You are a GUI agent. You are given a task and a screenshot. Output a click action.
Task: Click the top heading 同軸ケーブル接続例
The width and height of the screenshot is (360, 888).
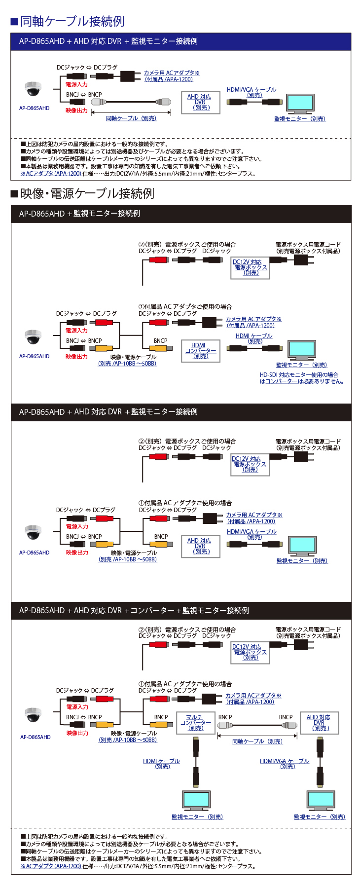[x=72, y=21]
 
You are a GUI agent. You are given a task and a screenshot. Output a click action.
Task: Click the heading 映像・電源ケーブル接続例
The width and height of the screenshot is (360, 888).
[x=87, y=193]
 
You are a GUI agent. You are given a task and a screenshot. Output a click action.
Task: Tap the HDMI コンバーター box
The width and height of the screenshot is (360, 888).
[x=200, y=351]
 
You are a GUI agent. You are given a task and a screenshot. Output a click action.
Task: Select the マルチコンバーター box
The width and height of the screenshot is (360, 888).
[x=195, y=722]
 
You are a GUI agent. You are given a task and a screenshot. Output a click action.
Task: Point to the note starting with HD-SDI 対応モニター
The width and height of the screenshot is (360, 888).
[x=301, y=378]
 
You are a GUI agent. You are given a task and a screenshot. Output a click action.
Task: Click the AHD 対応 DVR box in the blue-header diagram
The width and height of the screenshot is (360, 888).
[x=200, y=102]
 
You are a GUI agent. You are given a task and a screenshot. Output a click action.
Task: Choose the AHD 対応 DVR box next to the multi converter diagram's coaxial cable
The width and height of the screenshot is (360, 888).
[x=319, y=722]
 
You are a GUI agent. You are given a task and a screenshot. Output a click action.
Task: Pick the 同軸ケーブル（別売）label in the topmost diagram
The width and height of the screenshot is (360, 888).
[x=131, y=118]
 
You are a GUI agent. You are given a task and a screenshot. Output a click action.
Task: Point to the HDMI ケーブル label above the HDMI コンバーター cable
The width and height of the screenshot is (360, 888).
[x=254, y=338]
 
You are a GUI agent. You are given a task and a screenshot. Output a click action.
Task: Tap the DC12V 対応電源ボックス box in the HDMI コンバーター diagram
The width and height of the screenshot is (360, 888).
[x=251, y=267]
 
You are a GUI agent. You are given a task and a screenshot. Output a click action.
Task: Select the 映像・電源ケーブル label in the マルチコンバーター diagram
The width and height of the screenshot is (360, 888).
[x=134, y=733]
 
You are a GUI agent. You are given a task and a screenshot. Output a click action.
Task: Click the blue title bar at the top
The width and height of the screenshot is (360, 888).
[x=181, y=41]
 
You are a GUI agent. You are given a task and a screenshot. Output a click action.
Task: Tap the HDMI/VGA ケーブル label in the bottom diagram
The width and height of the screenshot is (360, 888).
[x=285, y=763]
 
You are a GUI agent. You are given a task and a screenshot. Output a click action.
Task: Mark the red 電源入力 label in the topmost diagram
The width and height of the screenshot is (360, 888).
[x=76, y=84]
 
